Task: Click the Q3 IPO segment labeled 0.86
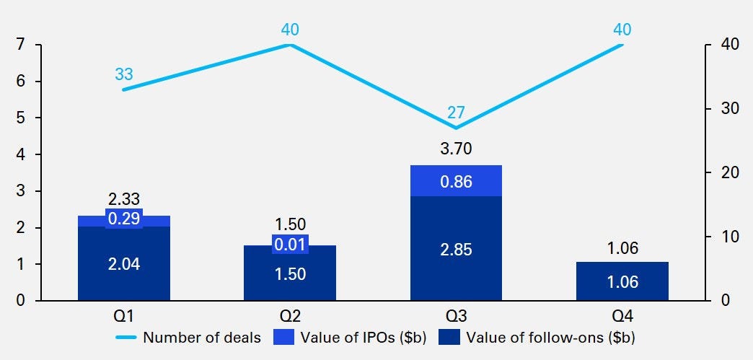coord(456,181)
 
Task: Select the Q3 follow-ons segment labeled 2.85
coord(456,249)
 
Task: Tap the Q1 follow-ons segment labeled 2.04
coord(123,263)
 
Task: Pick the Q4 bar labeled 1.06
coord(622,281)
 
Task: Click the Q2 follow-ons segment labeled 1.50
coord(290,273)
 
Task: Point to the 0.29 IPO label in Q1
coord(124,219)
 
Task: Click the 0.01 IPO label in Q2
coord(290,245)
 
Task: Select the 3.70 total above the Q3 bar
coord(456,149)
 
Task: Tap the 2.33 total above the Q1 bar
coord(124,200)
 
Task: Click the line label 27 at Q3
coord(456,113)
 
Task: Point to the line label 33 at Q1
coord(124,74)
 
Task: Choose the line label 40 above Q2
coord(290,30)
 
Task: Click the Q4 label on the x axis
coord(622,315)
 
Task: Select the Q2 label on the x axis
coord(290,315)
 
